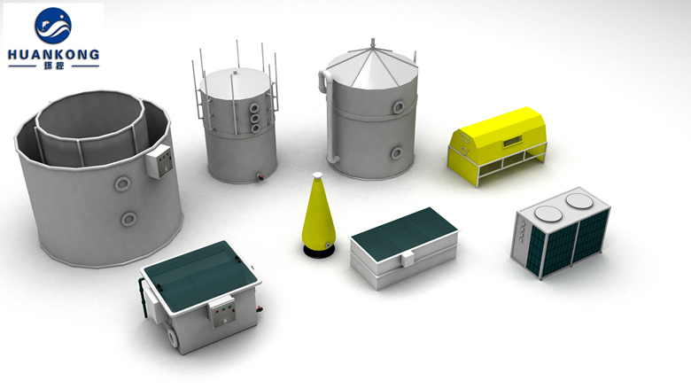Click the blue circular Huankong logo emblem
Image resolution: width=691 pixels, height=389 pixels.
click(x=53, y=25)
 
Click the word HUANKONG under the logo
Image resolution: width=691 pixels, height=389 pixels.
click(x=53, y=55)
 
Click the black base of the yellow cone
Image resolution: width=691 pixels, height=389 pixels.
click(x=319, y=251)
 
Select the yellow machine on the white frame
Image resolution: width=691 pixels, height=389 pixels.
click(x=498, y=144)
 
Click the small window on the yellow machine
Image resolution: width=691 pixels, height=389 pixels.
click(x=512, y=142)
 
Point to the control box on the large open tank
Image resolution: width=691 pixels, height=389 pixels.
click(x=159, y=160)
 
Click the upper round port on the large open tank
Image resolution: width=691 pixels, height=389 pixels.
click(x=122, y=183)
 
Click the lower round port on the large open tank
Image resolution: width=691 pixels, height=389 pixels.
click(x=128, y=219)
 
